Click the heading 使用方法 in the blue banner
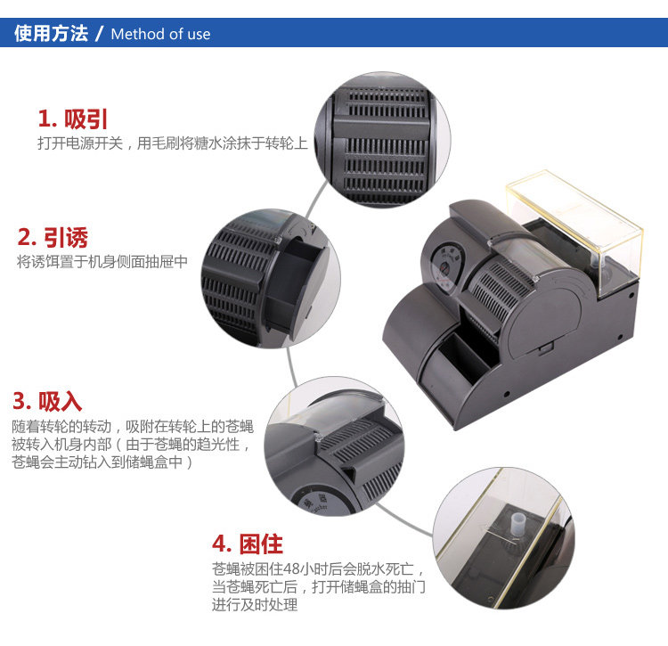click(51, 33)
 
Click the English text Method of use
click(160, 34)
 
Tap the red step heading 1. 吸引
click(72, 119)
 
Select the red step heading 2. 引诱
click(53, 237)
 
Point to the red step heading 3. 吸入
click(47, 401)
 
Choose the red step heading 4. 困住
click(248, 544)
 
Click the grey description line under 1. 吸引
click(173, 143)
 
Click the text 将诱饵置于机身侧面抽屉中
click(102, 262)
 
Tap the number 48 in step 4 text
click(291, 568)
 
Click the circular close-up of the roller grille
click(383, 139)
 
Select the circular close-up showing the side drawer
click(271, 279)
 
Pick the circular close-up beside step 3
click(334, 446)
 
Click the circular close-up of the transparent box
click(503, 538)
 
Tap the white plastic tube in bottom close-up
click(517, 523)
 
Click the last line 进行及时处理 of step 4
click(255, 605)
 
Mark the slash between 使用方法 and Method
click(100, 33)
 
